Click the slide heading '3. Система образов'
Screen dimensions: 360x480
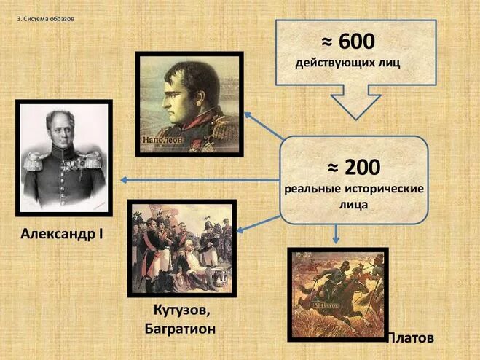coord(45,19)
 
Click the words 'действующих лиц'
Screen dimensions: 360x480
coord(348,63)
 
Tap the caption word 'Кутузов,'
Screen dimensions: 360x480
coord(181,311)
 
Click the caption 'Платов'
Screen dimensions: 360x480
coord(409,338)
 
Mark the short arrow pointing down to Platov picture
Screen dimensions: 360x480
coord(336,233)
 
